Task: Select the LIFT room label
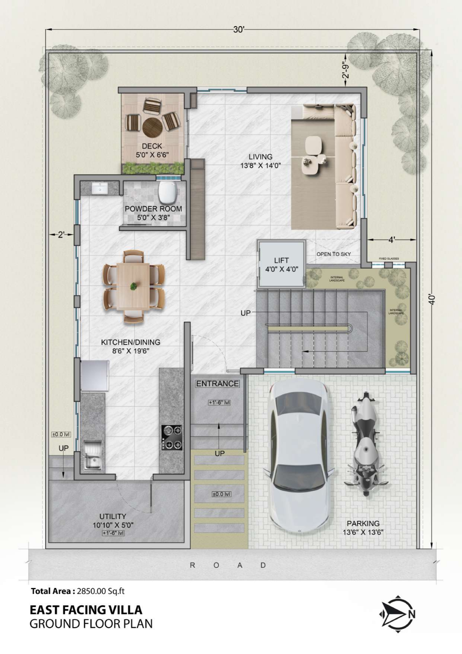point(282,265)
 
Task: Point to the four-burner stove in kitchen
point(172,437)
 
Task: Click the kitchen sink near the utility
point(92,455)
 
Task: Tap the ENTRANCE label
point(218,383)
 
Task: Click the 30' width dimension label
point(238,30)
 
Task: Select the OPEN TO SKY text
point(333,254)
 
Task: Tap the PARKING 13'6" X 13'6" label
point(363,528)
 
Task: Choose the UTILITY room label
point(113,520)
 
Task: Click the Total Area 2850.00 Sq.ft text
point(77,591)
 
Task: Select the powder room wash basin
point(99,188)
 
